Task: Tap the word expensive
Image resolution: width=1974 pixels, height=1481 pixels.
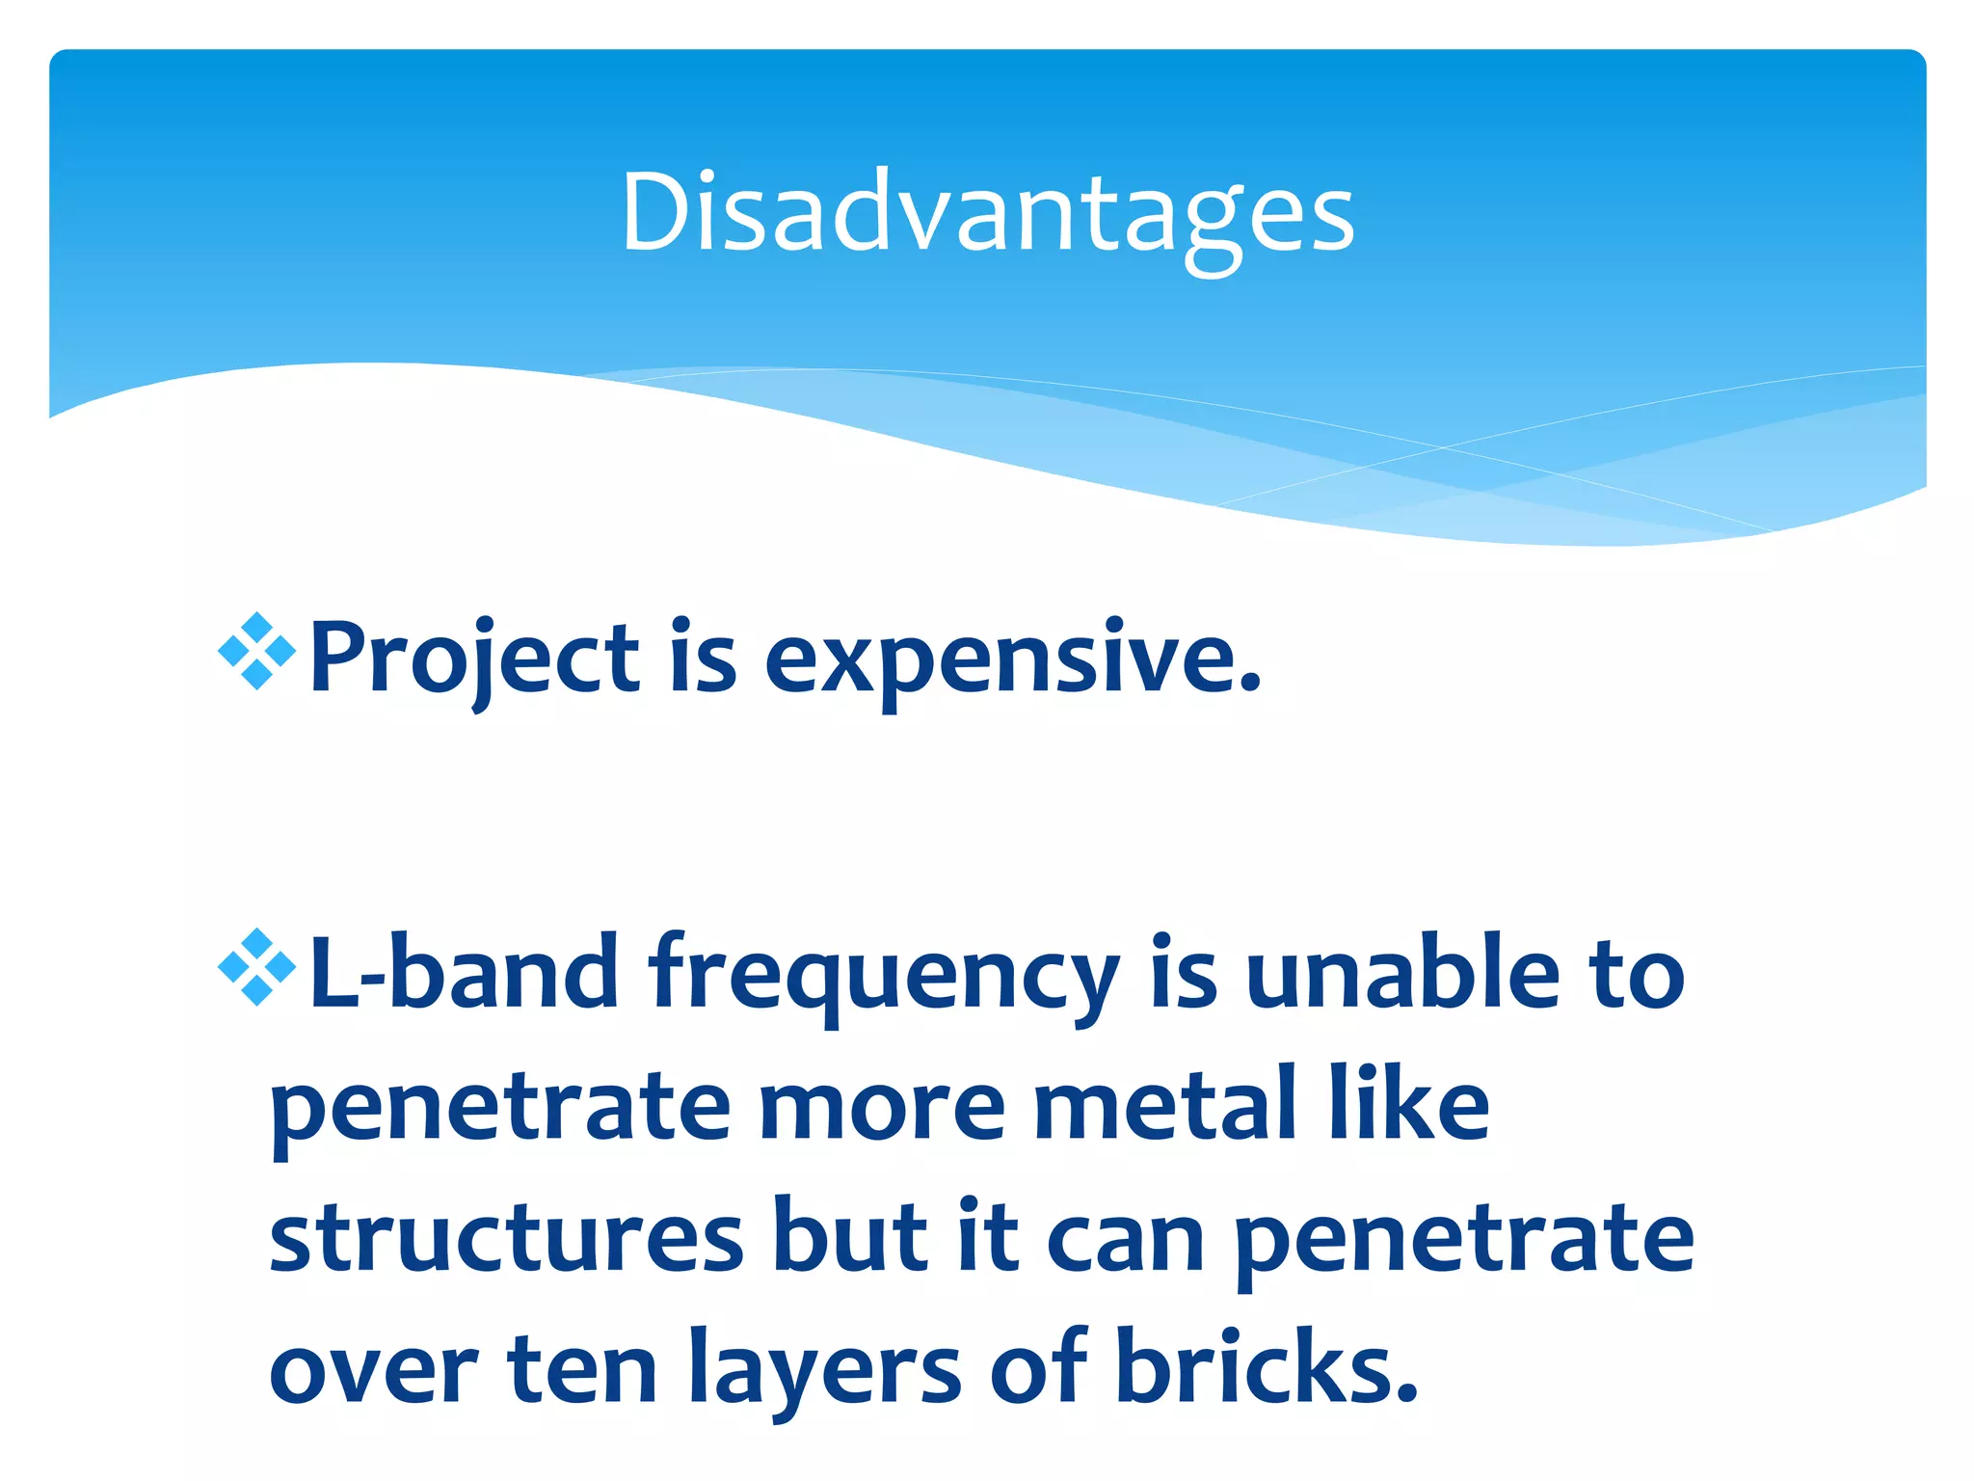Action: point(1012,659)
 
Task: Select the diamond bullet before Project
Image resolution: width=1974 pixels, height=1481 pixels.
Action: point(256,652)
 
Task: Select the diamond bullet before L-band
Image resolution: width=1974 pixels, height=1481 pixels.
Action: point(256,967)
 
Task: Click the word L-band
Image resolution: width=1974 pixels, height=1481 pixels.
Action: point(464,974)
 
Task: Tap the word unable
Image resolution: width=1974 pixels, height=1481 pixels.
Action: point(1401,974)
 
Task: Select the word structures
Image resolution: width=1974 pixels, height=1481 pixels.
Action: point(507,1239)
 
